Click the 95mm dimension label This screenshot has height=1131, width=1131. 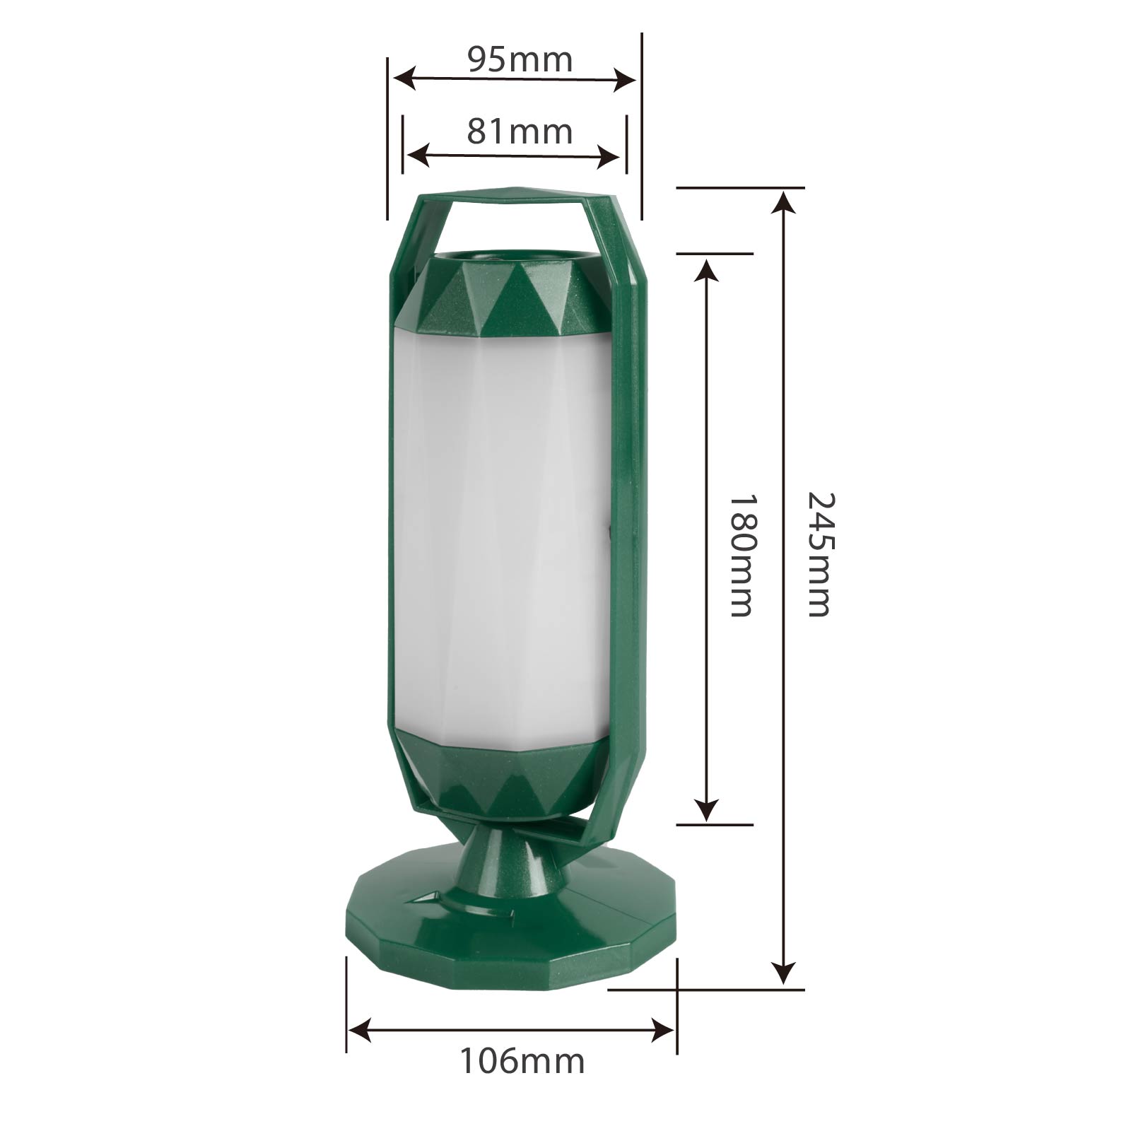coord(520,59)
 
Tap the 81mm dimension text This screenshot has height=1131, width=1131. coord(520,131)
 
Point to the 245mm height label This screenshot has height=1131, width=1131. coord(821,555)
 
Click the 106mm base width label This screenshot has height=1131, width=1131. coord(522,1061)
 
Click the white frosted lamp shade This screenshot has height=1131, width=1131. coord(498,537)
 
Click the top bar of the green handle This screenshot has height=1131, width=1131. coord(516,194)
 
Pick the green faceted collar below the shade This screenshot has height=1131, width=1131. coord(502,778)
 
